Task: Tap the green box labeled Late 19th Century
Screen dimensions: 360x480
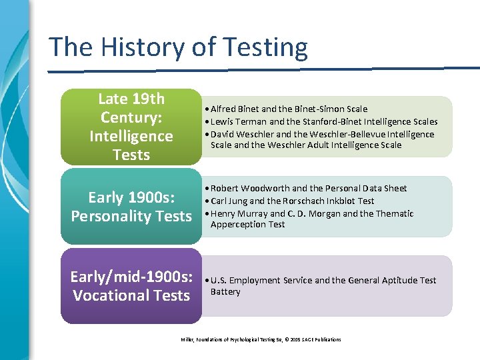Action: click(x=131, y=127)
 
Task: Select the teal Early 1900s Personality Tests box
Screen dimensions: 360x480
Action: click(x=131, y=207)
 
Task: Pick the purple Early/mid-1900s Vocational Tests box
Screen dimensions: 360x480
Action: click(x=131, y=286)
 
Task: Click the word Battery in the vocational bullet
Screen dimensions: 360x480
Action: click(x=225, y=292)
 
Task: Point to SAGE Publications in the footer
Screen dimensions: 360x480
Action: click(x=319, y=339)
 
